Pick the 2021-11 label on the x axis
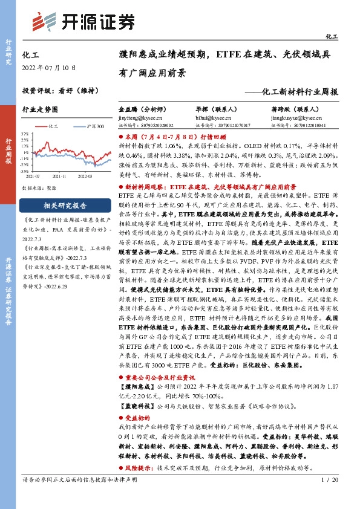tap(59, 177)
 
